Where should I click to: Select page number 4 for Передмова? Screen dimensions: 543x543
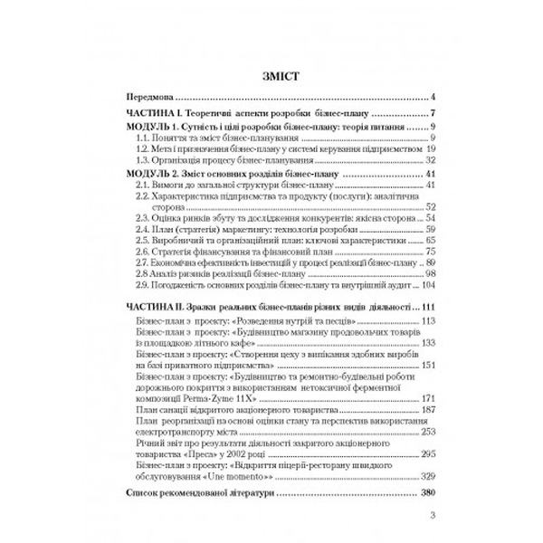[x=434, y=95]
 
